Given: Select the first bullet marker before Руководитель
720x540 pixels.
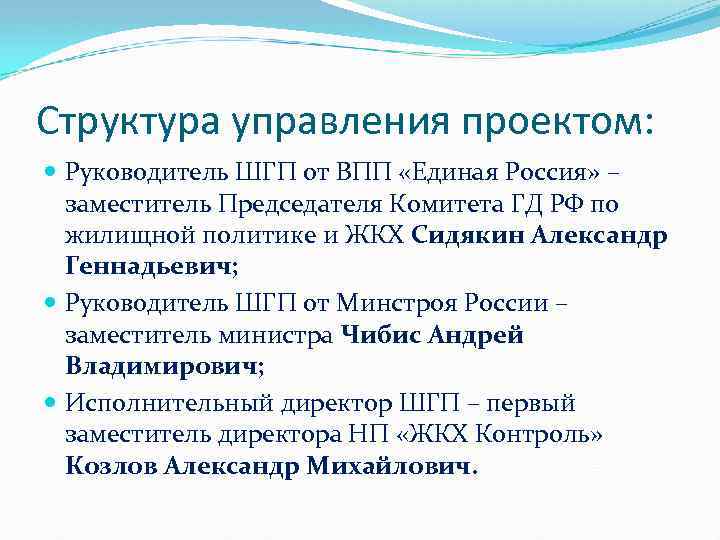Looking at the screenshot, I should tap(52, 173).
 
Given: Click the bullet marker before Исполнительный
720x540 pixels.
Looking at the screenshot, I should tap(52, 403).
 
